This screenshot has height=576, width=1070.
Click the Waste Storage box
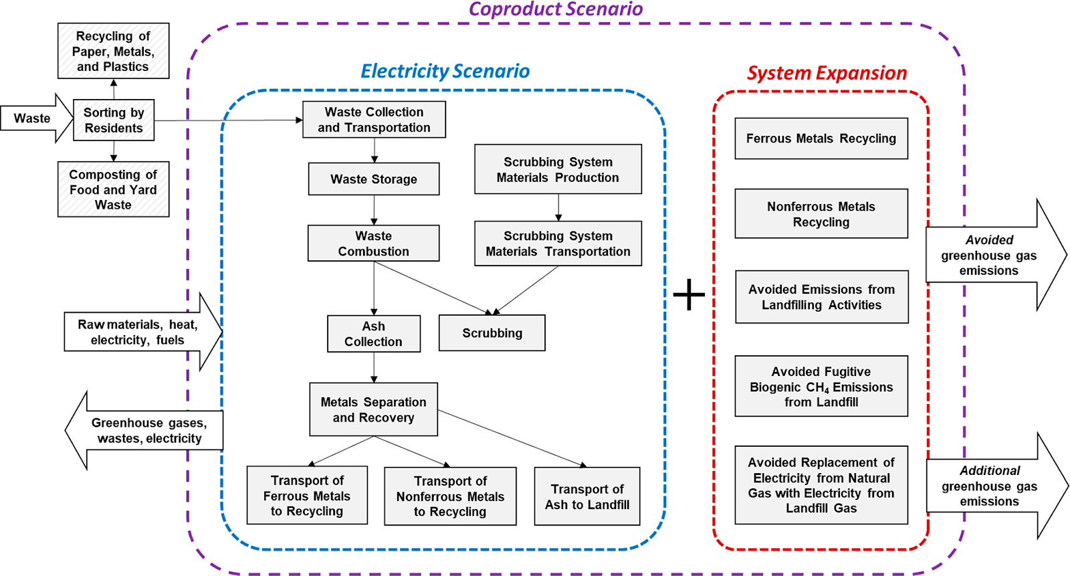pos(374,179)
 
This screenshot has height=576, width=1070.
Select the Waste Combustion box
pos(374,244)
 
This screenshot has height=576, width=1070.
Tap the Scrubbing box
pos(492,333)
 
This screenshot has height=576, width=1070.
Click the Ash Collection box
pos(374,334)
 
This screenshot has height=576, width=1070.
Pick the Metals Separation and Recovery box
pos(374,409)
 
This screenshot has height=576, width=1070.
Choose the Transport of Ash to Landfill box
pos(587,496)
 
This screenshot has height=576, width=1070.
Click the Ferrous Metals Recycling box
pos(821,138)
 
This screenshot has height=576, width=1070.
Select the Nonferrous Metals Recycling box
pos(821,214)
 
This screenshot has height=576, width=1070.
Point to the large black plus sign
pos(689,295)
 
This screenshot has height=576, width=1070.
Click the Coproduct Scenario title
pos(556,9)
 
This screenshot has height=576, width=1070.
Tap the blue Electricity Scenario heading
pos(445,71)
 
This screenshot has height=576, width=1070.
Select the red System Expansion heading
pos(827,73)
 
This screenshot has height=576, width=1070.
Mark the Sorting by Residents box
pos(114,120)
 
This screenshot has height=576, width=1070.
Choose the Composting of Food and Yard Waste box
pos(113,189)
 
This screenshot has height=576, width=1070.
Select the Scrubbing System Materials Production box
pos(558,169)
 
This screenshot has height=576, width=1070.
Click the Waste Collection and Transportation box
pos(374,120)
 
